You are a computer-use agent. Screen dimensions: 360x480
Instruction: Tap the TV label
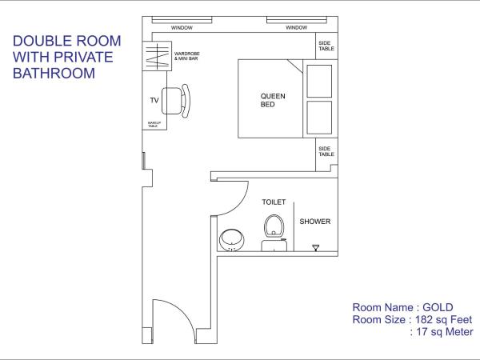click(155, 101)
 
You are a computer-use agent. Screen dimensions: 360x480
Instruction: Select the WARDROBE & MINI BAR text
click(187, 57)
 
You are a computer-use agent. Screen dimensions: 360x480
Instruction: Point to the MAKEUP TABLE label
click(153, 123)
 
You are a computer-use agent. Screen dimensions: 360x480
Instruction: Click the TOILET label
click(274, 203)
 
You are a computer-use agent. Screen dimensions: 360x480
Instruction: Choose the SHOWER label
click(315, 222)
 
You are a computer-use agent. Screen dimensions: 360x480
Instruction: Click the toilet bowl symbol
click(275, 225)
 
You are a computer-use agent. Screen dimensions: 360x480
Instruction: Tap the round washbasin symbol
click(232, 238)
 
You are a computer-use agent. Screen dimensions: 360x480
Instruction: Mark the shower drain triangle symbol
click(315, 247)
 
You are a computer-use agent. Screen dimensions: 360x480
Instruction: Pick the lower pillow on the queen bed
click(319, 117)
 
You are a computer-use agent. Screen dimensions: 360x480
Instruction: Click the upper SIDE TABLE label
click(325, 47)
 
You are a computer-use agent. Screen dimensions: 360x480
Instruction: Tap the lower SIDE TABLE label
click(325, 150)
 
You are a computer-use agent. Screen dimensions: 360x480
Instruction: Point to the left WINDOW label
click(183, 28)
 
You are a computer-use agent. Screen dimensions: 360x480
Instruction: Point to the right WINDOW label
click(296, 28)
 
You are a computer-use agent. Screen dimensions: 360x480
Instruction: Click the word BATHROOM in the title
click(55, 73)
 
